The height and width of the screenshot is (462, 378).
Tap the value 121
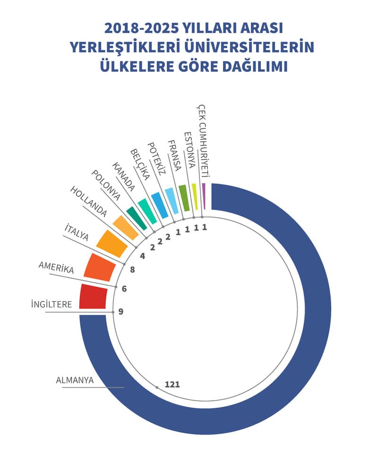tap(172, 384)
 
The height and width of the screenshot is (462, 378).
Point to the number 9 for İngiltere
tap(121, 311)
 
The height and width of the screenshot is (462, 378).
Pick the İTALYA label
tap(77, 233)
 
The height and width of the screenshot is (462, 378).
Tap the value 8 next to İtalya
tap(132, 270)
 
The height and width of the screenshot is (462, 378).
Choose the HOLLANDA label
tap(88, 202)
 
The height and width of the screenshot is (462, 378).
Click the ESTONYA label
tap(189, 150)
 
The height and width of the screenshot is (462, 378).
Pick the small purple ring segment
tap(204, 195)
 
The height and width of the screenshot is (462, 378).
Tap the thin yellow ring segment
tap(195, 196)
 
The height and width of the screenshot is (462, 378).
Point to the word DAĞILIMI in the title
tap(253, 67)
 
